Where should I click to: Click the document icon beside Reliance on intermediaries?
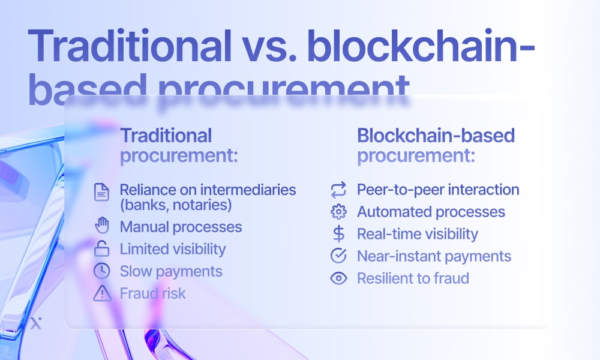tap(101, 192)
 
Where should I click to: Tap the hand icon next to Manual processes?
tap(102, 226)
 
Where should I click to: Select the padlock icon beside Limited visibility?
tap(102, 248)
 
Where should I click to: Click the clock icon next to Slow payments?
tap(102, 271)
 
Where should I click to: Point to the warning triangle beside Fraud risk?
tap(102, 293)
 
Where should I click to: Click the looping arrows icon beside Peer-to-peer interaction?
tap(338, 190)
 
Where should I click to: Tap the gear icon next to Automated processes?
tap(338, 212)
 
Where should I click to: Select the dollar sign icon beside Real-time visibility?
tap(338, 234)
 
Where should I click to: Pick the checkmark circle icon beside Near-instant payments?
tap(338, 256)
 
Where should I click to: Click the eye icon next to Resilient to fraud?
tap(338, 278)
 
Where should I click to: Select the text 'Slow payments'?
tap(171, 271)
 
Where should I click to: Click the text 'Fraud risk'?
tap(152, 293)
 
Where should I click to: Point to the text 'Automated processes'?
tap(431, 212)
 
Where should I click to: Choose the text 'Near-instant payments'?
tap(434, 256)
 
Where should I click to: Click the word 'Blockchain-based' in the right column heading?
tap(436, 136)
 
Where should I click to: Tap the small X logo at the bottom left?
tap(36, 323)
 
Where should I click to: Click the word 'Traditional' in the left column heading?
tap(166, 136)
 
